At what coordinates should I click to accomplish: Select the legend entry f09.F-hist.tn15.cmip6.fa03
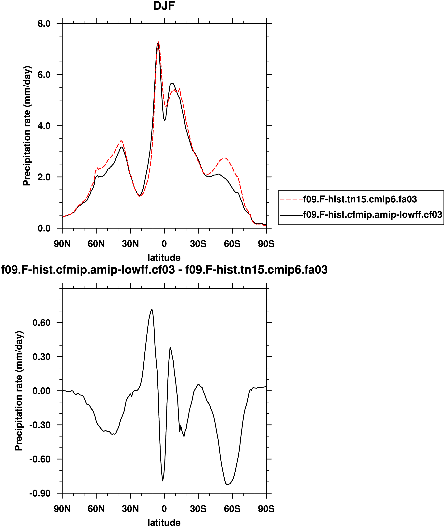coord(360,199)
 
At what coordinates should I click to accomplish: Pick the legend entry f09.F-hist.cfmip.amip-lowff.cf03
coord(372,215)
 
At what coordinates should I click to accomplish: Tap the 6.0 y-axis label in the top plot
coord(44,75)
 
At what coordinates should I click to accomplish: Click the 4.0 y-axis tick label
coord(44,126)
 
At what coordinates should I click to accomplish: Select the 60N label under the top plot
coord(96,244)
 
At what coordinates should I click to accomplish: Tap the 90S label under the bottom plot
coord(266,509)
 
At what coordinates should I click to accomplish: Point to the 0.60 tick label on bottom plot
coord(41,323)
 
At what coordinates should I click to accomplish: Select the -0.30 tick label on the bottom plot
coord(40,425)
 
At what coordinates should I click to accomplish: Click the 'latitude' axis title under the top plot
coord(164,258)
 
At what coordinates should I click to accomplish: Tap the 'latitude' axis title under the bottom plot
coord(164,522)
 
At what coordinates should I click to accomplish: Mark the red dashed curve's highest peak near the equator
coord(158,42)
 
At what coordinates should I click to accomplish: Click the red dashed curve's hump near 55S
coord(225,158)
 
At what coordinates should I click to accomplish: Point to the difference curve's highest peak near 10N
coord(152,309)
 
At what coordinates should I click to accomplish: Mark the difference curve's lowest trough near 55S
coord(227,484)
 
